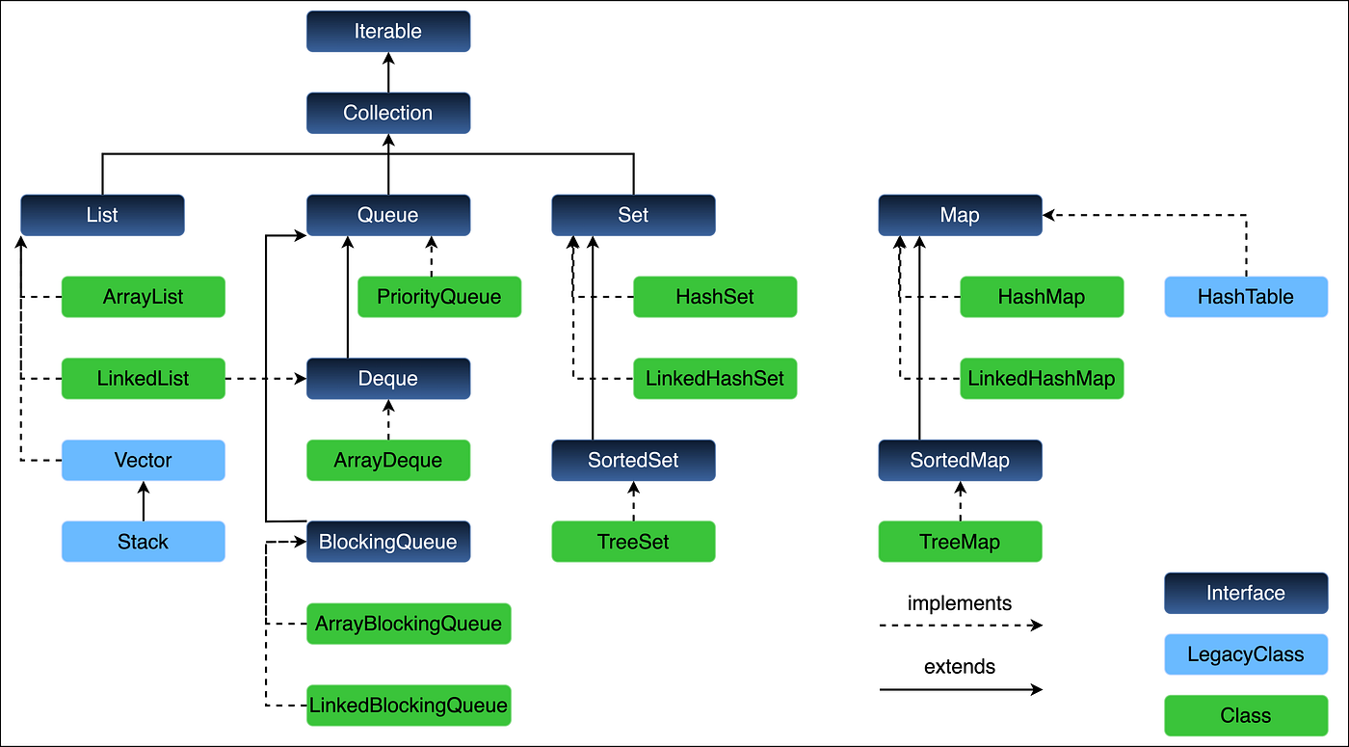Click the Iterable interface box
pyautogui.click(x=388, y=31)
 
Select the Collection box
pyautogui.click(x=388, y=113)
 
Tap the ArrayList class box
pyautogui.click(x=143, y=297)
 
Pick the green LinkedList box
pyautogui.click(x=143, y=379)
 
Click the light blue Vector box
pyautogui.click(x=143, y=461)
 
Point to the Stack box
pyautogui.click(x=143, y=542)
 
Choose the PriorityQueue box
pyautogui.click(x=438, y=297)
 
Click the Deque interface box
pyautogui.click(x=388, y=379)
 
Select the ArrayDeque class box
pyautogui.click(x=388, y=461)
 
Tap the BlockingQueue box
pyautogui.click(x=388, y=542)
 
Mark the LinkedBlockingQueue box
pyautogui.click(x=408, y=706)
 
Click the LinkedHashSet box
pyautogui.click(x=715, y=379)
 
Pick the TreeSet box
pyautogui.click(x=633, y=542)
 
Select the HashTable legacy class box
pyautogui.click(x=1246, y=297)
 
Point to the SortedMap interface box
pyautogui.click(x=960, y=461)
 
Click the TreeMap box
pyautogui.click(x=960, y=542)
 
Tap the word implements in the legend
pyautogui.click(x=960, y=604)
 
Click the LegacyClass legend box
pyautogui.click(x=1246, y=654)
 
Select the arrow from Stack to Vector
pyautogui.click(x=143, y=501)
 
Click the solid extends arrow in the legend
pyautogui.click(x=960, y=689)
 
